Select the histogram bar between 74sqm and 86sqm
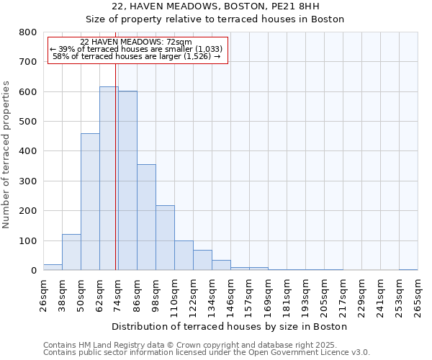point(127,181)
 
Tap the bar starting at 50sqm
point(90,202)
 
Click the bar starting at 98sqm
point(165,238)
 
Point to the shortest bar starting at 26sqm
point(53,267)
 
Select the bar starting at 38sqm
point(71,252)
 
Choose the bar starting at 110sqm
point(184,256)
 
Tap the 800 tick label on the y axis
point(27,32)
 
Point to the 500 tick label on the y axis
point(27,122)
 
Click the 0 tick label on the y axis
point(33,271)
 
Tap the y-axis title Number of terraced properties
point(6,155)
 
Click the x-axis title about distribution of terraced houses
point(230,326)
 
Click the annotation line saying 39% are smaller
point(137,49)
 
